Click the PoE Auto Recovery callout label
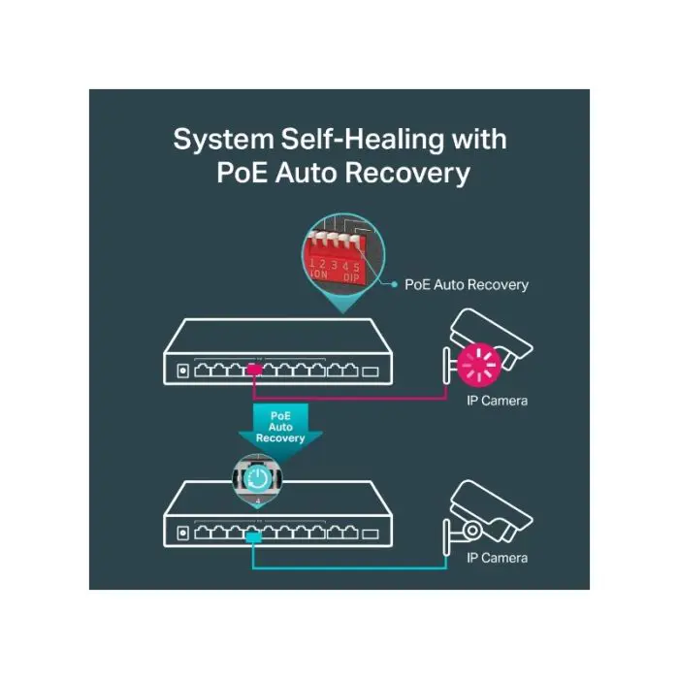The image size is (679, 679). click(x=466, y=284)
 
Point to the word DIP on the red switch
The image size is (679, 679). click(x=350, y=275)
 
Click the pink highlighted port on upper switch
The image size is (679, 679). click(x=254, y=370)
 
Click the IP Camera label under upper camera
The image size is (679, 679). click(x=497, y=400)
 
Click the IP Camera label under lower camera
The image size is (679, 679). click(x=497, y=558)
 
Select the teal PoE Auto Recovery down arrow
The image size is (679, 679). click(x=280, y=427)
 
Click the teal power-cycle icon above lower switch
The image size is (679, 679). click(x=258, y=478)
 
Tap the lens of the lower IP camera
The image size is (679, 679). click(x=472, y=530)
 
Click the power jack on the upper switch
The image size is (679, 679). click(x=181, y=370)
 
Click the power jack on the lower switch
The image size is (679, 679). click(x=181, y=533)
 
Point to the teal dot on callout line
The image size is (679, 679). click(x=393, y=284)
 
